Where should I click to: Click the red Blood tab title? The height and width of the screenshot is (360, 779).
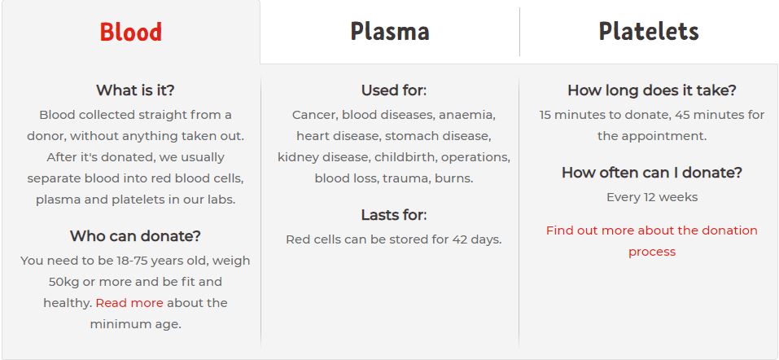pyautogui.click(x=131, y=31)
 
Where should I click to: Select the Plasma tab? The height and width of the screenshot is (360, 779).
pyautogui.click(x=390, y=31)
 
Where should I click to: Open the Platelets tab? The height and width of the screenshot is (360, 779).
pyautogui.click(x=649, y=31)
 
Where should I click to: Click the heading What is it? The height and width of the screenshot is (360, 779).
pyautogui.click(x=135, y=90)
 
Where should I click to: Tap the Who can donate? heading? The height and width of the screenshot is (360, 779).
pyautogui.click(x=135, y=236)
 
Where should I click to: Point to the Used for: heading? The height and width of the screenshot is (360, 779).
pyautogui.click(x=394, y=90)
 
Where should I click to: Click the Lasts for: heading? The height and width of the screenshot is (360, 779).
pyautogui.click(x=394, y=215)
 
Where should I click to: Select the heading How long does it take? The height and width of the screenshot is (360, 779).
pyautogui.click(x=652, y=90)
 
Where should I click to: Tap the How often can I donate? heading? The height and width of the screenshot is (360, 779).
pyautogui.click(x=652, y=173)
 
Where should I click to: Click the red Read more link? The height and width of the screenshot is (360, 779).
pyautogui.click(x=129, y=303)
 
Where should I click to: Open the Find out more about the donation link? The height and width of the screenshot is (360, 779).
pyautogui.click(x=652, y=230)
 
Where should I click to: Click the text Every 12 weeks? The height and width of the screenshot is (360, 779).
pyautogui.click(x=652, y=197)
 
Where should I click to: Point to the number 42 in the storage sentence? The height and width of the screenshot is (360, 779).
pyautogui.click(x=459, y=239)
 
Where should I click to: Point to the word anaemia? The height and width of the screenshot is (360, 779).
pyautogui.click(x=467, y=116)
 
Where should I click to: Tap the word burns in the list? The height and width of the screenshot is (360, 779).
pyautogui.click(x=453, y=178)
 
